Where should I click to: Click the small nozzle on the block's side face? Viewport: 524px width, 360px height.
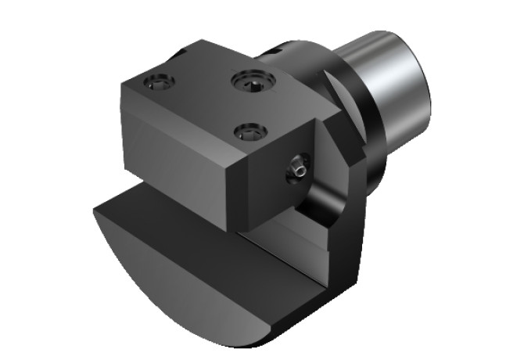(x=296, y=167)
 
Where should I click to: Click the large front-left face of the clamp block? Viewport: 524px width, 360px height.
(x=172, y=164)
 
